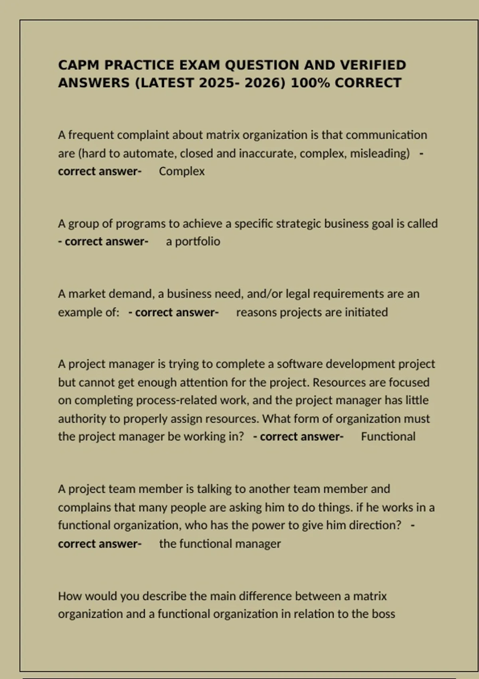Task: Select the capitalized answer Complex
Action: point(182,171)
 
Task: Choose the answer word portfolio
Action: point(198,242)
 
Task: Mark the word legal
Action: point(297,294)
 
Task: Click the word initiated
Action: point(366,312)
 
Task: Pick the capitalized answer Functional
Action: point(388,437)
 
